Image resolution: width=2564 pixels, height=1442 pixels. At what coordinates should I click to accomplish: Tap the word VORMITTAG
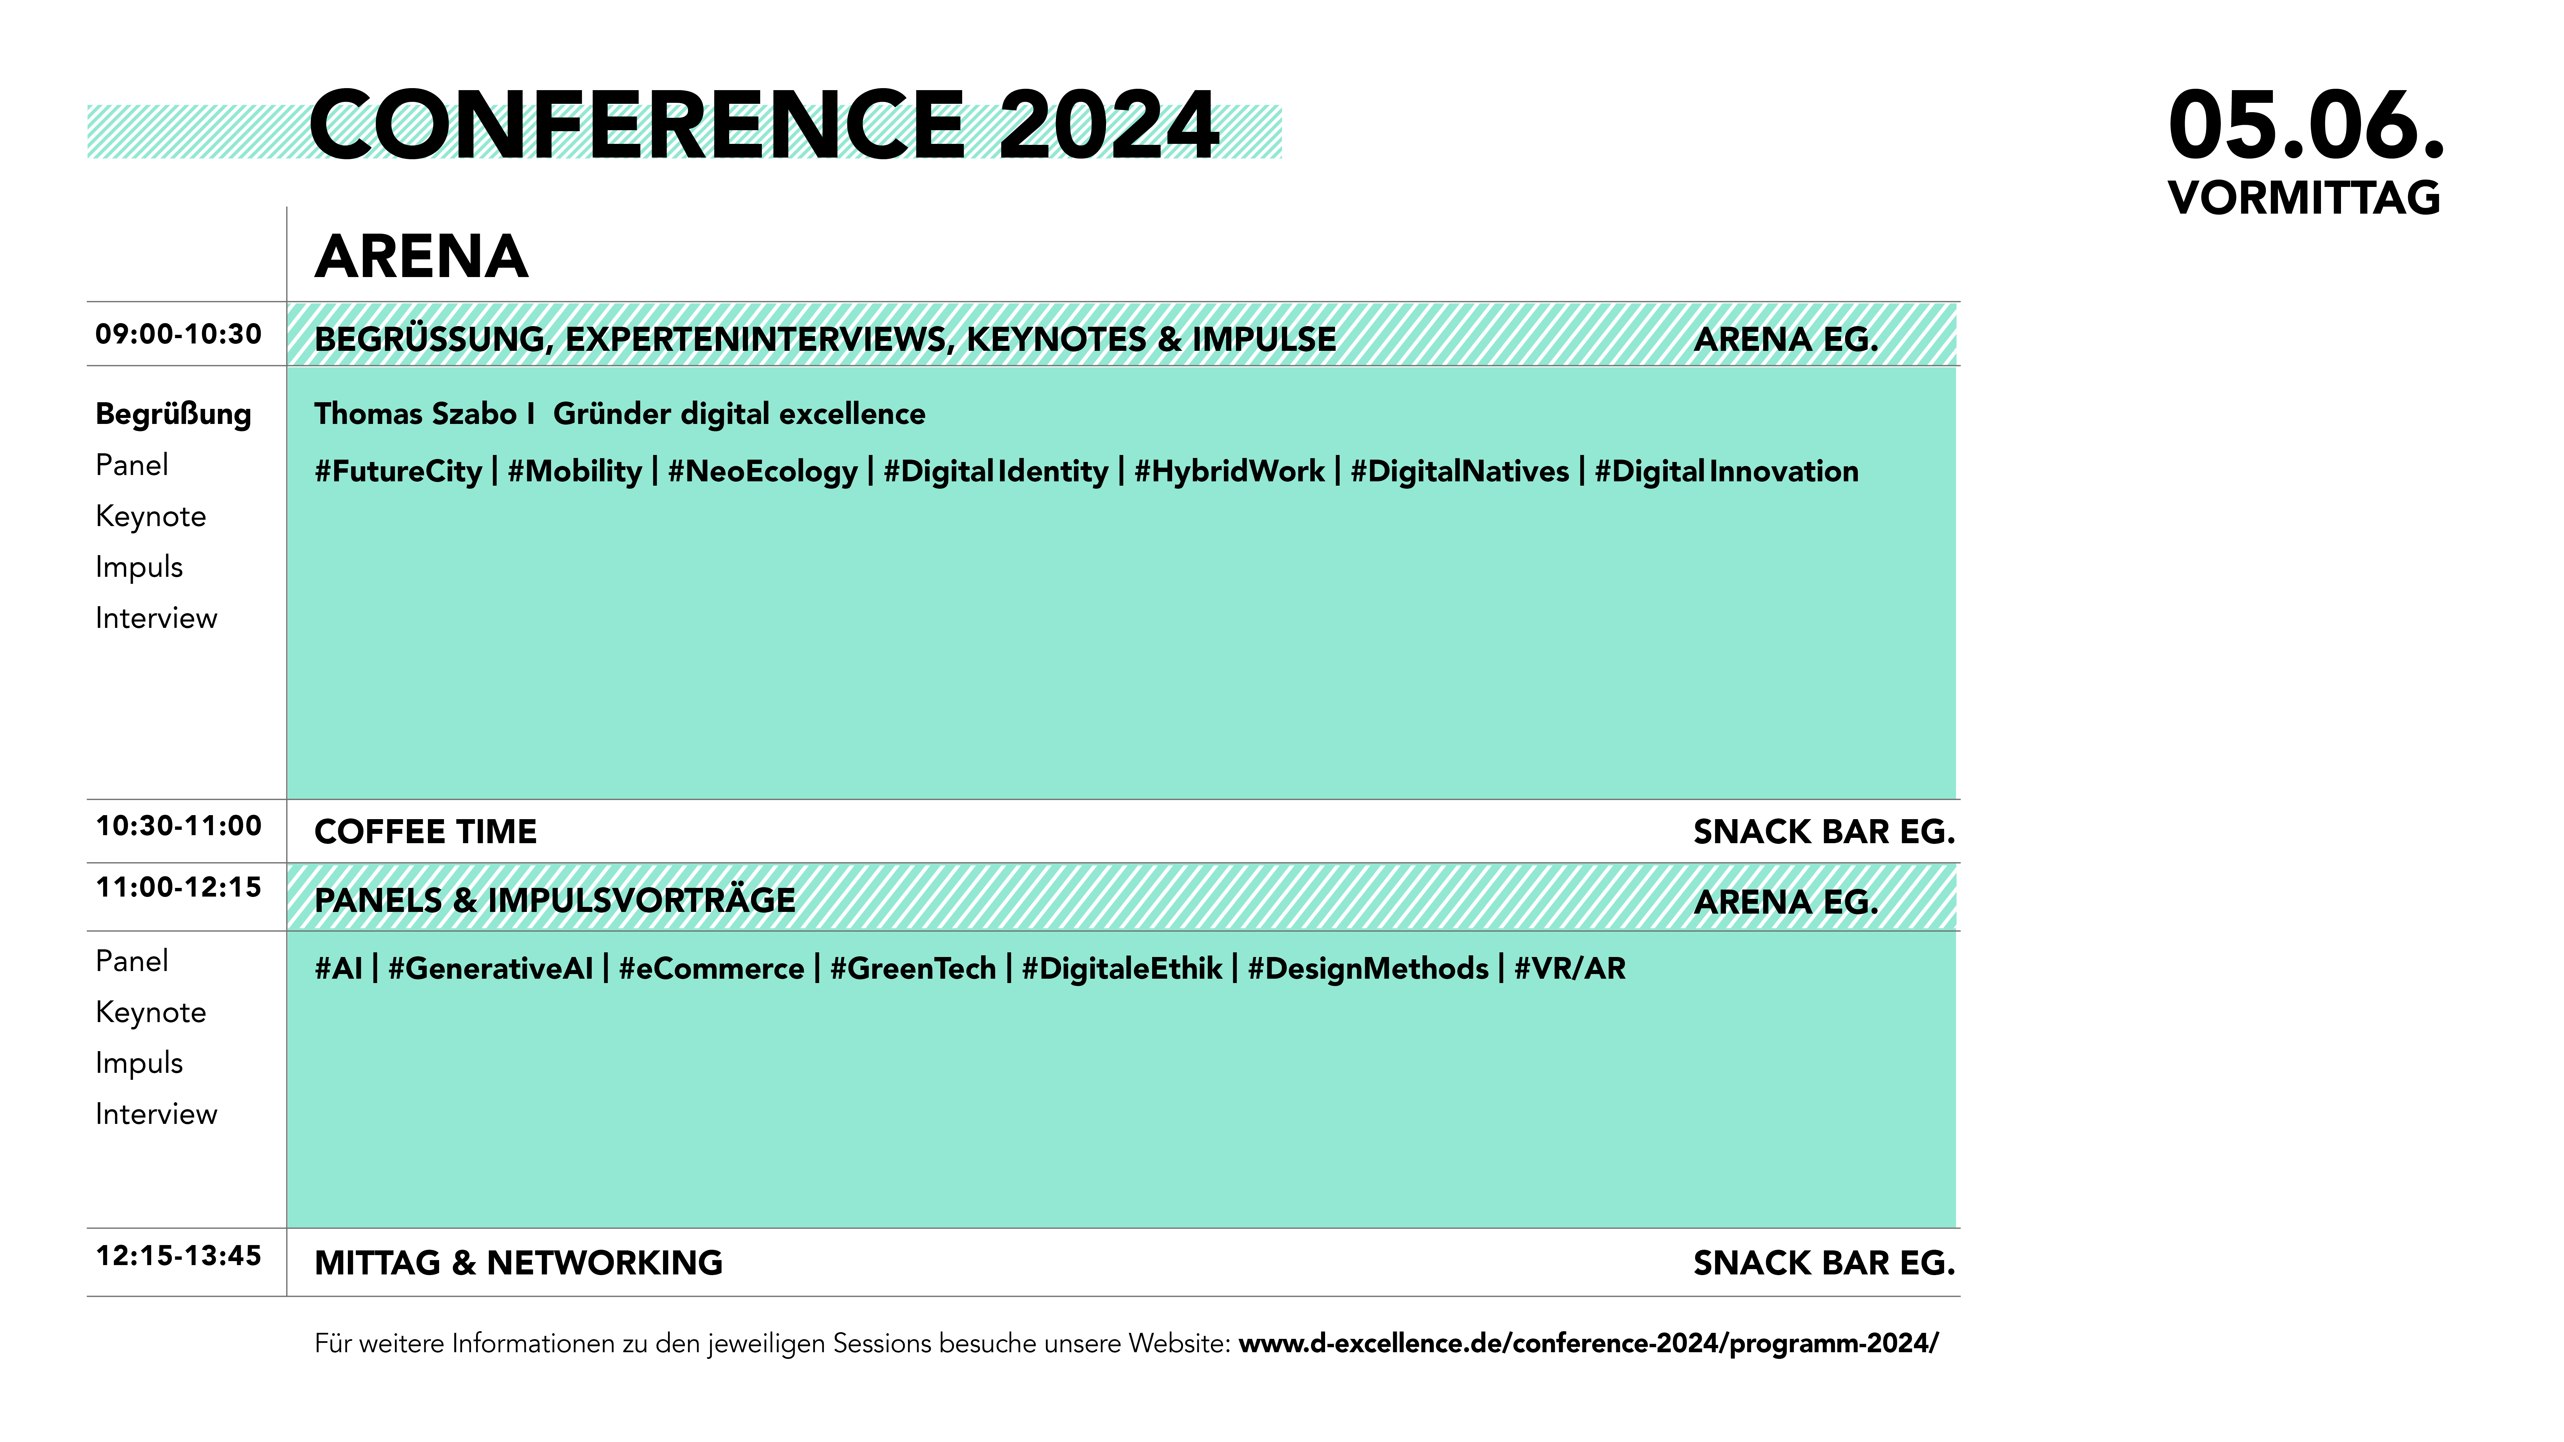click(x=2304, y=198)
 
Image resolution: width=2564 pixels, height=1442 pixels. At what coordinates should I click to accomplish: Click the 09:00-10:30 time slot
click(x=178, y=334)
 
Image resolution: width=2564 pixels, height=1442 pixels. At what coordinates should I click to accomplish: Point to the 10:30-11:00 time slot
click(x=178, y=826)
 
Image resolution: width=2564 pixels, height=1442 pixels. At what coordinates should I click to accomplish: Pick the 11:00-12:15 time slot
click(x=178, y=888)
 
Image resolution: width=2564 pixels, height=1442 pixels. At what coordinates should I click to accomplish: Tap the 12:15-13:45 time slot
click(x=178, y=1256)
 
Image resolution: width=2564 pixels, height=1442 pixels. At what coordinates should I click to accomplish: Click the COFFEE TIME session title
click(x=425, y=832)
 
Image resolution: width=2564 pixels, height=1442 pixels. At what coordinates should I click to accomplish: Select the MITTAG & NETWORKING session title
click(x=518, y=1263)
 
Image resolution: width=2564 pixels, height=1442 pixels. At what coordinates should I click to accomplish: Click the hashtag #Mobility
click(x=575, y=472)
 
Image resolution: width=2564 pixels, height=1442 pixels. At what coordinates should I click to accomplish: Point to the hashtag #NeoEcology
click(x=763, y=472)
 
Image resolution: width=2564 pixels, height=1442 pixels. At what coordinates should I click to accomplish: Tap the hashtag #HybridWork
click(x=1229, y=472)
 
